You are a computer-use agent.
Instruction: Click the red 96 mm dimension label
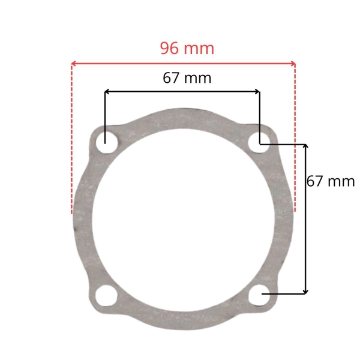click(x=187, y=48)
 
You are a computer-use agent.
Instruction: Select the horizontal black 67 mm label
click(x=187, y=78)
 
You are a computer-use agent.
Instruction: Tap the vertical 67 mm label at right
click(x=331, y=181)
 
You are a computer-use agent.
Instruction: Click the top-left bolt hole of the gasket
click(x=107, y=143)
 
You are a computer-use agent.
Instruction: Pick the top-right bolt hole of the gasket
click(x=259, y=142)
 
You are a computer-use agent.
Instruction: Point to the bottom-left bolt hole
click(x=106, y=295)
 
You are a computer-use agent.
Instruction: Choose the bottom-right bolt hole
click(x=260, y=295)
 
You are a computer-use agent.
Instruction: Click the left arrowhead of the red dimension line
click(x=73, y=64)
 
